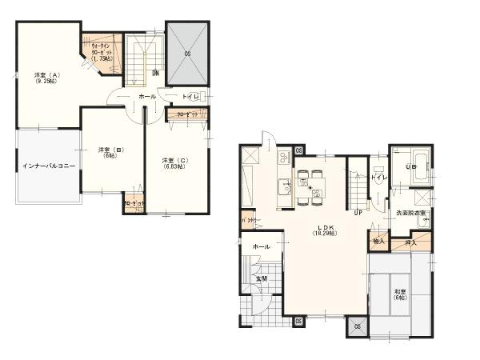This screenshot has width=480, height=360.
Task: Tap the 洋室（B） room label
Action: click(104, 154)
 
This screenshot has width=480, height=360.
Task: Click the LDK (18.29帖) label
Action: click(324, 230)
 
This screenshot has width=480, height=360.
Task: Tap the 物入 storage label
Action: click(378, 240)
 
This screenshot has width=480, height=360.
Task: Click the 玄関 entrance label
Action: click(261, 278)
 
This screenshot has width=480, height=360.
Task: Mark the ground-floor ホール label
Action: click(260, 246)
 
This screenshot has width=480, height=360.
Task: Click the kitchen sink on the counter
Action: click(286, 188)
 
